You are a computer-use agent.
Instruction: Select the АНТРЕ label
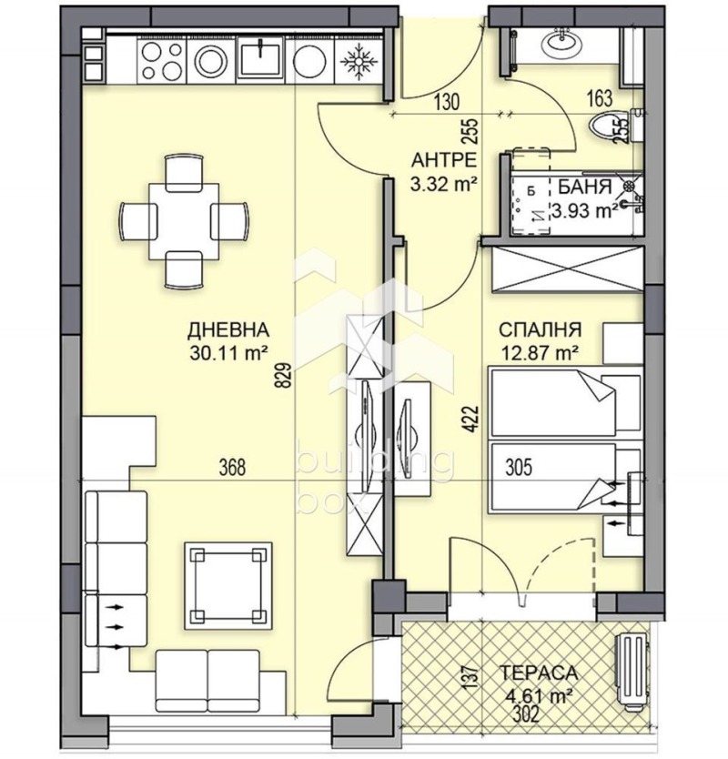point(444,161)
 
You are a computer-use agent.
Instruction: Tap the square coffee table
point(228,585)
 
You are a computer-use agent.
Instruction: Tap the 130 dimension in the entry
point(446,102)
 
